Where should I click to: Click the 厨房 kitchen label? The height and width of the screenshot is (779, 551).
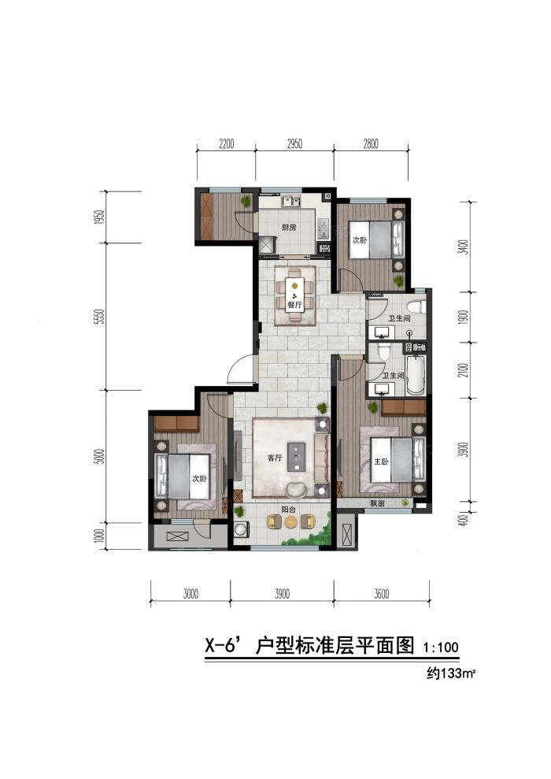pyautogui.click(x=289, y=228)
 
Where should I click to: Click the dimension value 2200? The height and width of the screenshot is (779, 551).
pyautogui.click(x=226, y=143)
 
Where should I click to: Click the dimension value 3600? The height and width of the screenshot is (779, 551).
pyautogui.click(x=382, y=594)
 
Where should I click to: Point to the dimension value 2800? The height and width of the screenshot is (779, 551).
pyautogui.click(x=371, y=143)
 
